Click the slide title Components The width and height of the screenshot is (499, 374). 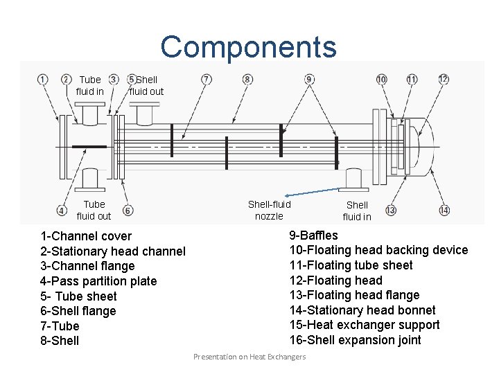coord(248,47)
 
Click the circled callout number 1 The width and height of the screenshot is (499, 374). coord(42,80)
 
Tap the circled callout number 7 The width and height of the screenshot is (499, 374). coord(207,80)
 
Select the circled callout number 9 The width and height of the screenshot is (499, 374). coord(309,80)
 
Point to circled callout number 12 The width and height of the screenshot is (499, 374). coord(444,80)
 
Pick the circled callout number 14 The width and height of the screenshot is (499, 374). coord(444,210)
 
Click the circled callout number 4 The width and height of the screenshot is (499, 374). coord(62,210)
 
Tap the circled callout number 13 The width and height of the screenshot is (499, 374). coord(391,210)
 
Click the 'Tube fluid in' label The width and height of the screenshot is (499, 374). coord(90,85)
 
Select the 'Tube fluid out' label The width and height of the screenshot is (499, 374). coord(94,210)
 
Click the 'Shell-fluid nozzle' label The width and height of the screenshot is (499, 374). coord(269,210)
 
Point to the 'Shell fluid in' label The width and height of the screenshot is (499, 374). coord(357,211)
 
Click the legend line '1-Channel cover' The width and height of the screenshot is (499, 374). coord(86,236)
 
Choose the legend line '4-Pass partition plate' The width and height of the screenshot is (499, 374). coord(98,281)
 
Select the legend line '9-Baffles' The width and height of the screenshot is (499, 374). coord(313,235)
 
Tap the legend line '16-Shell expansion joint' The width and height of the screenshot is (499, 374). coord(355,340)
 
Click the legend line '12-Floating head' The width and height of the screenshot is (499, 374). coord(335,280)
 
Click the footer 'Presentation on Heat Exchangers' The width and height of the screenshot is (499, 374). coord(249,357)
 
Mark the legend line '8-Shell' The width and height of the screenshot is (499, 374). coord(60,341)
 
